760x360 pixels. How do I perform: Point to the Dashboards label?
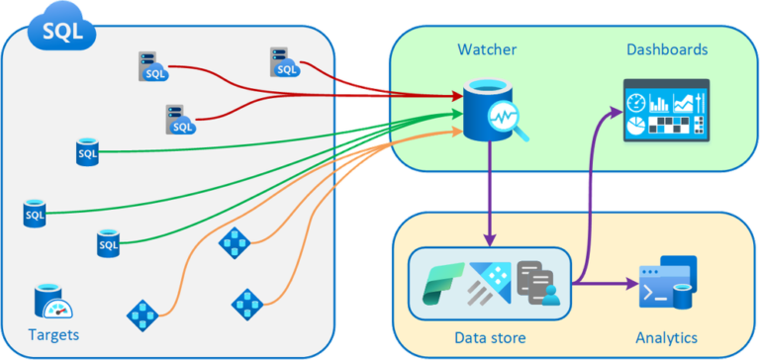coord(667,48)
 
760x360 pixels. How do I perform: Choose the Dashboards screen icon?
coord(667,110)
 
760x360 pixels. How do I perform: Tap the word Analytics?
coord(666,336)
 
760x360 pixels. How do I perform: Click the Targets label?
coord(53,334)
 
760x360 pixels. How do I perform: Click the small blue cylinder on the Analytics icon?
coord(684,295)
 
